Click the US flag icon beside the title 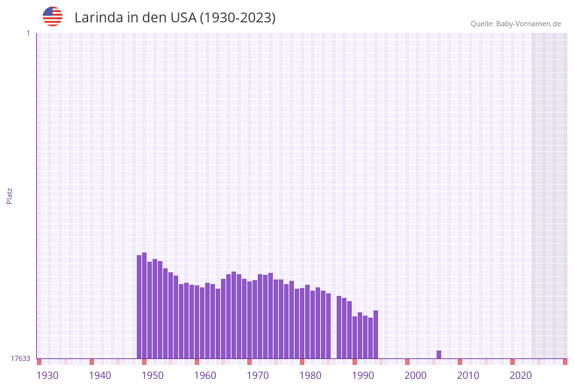pos(53,16)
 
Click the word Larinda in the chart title pos(98,18)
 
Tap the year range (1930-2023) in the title pos(237,18)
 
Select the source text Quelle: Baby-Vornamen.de pos(515,24)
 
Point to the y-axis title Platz pos(9,195)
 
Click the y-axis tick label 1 pos(28,33)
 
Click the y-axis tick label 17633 pos(20,358)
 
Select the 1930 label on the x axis pos(47,375)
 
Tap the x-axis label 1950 pos(153,375)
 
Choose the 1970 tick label pos(258,375)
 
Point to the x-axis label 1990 pos(363,375)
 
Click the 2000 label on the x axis pos(416,375)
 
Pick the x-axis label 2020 pos(521,375)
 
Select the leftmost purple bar pos(139,306)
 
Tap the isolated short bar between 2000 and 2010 pos(439,354)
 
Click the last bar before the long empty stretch pos(375,334)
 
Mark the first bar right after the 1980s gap pos(339,327)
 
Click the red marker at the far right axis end pos(565,362)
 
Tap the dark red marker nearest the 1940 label pos(91,362)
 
